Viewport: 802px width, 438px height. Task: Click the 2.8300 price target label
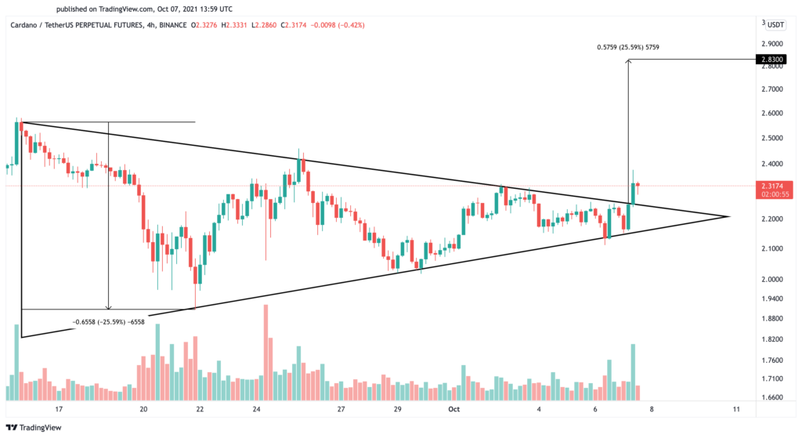point(771,59)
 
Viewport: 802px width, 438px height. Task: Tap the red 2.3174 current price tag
point(771,186)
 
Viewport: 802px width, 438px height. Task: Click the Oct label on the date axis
point(452,409)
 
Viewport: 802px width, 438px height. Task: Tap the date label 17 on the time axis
point(59,409)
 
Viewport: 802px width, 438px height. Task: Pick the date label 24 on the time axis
point(256,409)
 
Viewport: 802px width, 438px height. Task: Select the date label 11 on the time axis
point(736,409)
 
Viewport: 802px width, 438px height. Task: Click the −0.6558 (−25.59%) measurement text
point(108,321)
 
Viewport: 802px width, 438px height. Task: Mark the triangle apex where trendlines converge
point(730,216)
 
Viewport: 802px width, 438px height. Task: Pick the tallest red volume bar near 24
point(266,345)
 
